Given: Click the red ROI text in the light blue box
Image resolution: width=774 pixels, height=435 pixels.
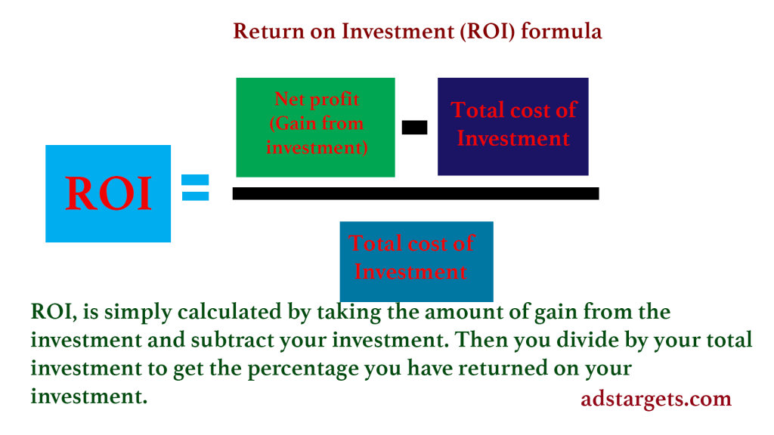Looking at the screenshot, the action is (x=108, y=193).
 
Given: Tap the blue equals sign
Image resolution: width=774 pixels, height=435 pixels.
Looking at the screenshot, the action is (x=196, y=187).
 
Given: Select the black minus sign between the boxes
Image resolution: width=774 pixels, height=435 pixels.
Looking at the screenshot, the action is (x=415, y=127).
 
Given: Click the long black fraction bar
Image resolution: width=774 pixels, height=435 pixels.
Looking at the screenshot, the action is (x=416, y=193).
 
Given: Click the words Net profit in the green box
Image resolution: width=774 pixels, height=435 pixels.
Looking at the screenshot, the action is (x=317, y=100).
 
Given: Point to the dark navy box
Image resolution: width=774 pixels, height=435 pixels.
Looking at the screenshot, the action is (x=513, y=126).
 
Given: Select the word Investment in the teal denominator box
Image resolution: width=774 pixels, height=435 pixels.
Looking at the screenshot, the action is (x=410, y=272).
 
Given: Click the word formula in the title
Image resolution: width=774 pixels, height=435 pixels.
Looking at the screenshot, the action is (x=562, y=32).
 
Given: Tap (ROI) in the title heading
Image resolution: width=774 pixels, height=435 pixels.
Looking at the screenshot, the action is (x=488, y=32).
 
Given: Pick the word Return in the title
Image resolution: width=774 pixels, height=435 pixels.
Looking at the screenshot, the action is (x=269, y=32).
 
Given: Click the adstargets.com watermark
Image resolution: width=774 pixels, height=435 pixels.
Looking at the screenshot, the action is (x=656, y=399).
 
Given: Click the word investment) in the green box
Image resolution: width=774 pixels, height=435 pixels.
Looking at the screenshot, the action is (x=317, y=147).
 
